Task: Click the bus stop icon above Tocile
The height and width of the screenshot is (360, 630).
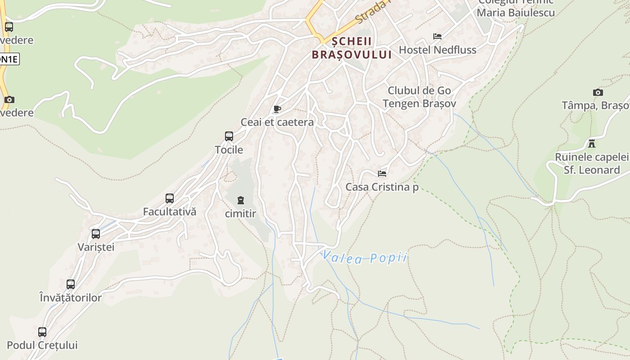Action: click(229, 136)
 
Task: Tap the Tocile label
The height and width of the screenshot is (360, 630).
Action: click(229, 150)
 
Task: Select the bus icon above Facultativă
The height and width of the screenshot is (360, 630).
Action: click(170, 198)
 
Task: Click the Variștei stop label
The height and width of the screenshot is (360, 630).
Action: click(96, 247)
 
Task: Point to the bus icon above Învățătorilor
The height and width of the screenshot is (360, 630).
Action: click(71, 284)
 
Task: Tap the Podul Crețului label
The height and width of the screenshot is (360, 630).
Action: click(42, 345)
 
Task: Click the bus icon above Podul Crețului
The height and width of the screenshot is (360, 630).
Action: click(42, 332)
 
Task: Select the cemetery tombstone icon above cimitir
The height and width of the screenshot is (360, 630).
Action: click(241, 200)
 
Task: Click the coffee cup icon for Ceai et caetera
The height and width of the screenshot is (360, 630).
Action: click(277, 109)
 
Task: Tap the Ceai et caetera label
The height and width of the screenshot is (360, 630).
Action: click(277, 122)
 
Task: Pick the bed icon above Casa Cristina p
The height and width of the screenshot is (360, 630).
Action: click(382, 173)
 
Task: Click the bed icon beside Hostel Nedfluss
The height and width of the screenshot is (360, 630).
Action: click(437, 36)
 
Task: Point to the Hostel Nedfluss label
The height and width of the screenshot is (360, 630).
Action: click(437, 49)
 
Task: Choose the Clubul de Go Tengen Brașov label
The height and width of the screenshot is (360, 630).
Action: click(419, 97)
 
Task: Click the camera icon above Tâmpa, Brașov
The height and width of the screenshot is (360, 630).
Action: click(598, 93)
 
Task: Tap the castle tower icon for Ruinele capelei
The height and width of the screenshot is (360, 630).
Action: click(592, 144)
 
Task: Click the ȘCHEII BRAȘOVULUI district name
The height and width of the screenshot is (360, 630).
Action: click(352, 48)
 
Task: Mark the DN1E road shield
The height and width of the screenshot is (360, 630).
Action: click(9, 59)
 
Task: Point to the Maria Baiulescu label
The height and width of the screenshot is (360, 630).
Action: click(516, 13)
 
